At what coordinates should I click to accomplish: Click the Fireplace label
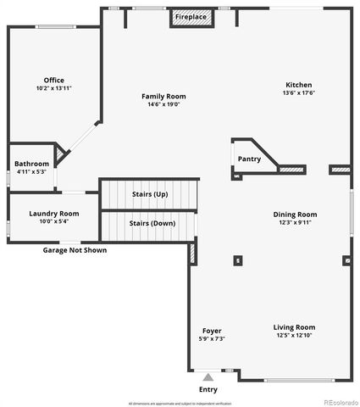point(191,17)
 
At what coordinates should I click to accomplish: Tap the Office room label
point(54,81)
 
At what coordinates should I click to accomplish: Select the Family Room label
point(163,96)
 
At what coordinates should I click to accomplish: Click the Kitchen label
point(298,85)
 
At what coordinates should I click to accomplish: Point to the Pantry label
point(249,159)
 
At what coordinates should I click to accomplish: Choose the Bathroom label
point(32,163)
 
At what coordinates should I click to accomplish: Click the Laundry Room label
point(54,214)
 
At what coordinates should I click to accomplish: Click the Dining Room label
point(295,215)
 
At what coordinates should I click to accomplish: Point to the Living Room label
point(294,327)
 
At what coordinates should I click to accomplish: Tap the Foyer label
point(212,331)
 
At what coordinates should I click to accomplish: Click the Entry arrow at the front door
point(208,376)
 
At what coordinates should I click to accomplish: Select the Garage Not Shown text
point(75,250)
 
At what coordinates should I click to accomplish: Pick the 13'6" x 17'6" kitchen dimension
point(298,93)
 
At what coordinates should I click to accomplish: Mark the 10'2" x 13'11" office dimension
point(54,88)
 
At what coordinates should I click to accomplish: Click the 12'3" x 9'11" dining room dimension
point(295,223)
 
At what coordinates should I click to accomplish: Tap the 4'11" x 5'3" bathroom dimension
point(32,171)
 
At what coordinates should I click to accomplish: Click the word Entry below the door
point(208,389)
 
